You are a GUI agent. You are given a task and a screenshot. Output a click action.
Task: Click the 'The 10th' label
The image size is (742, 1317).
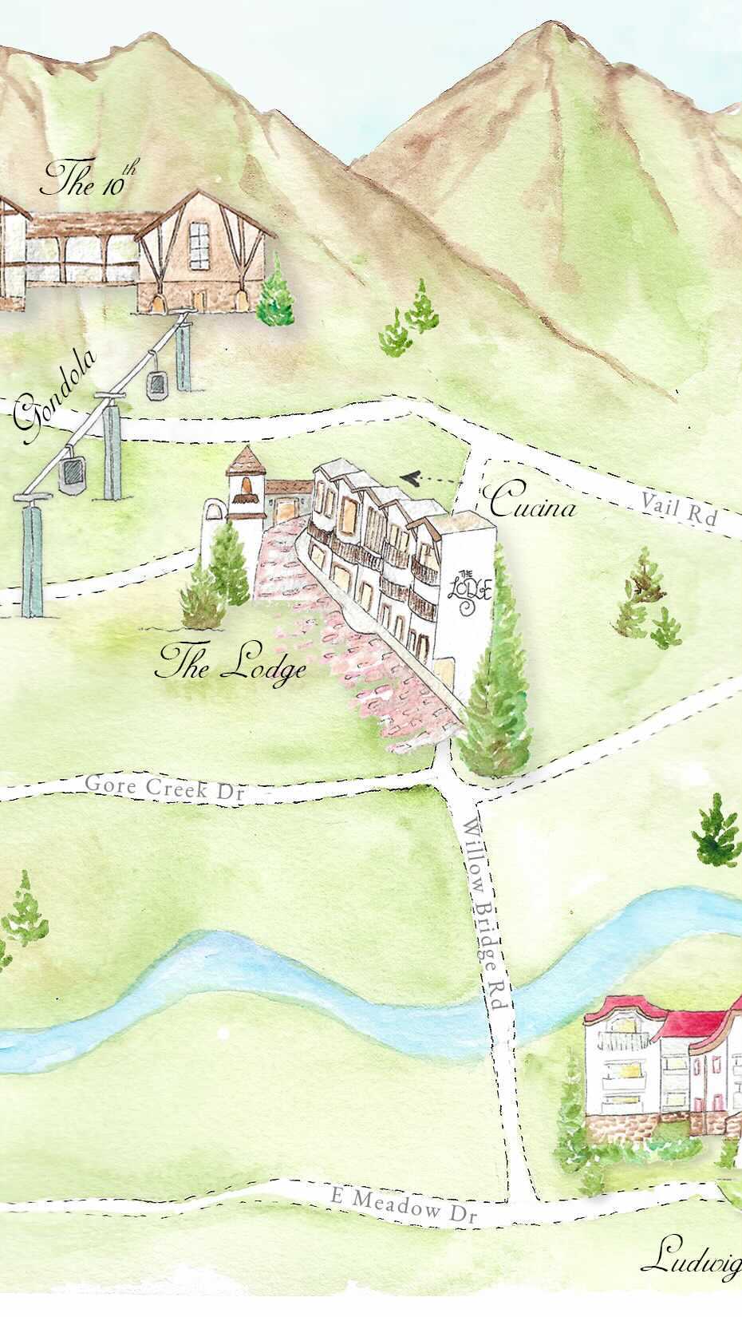(89, 180)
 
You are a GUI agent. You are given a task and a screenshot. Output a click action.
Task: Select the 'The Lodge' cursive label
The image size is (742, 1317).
(232, 663)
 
